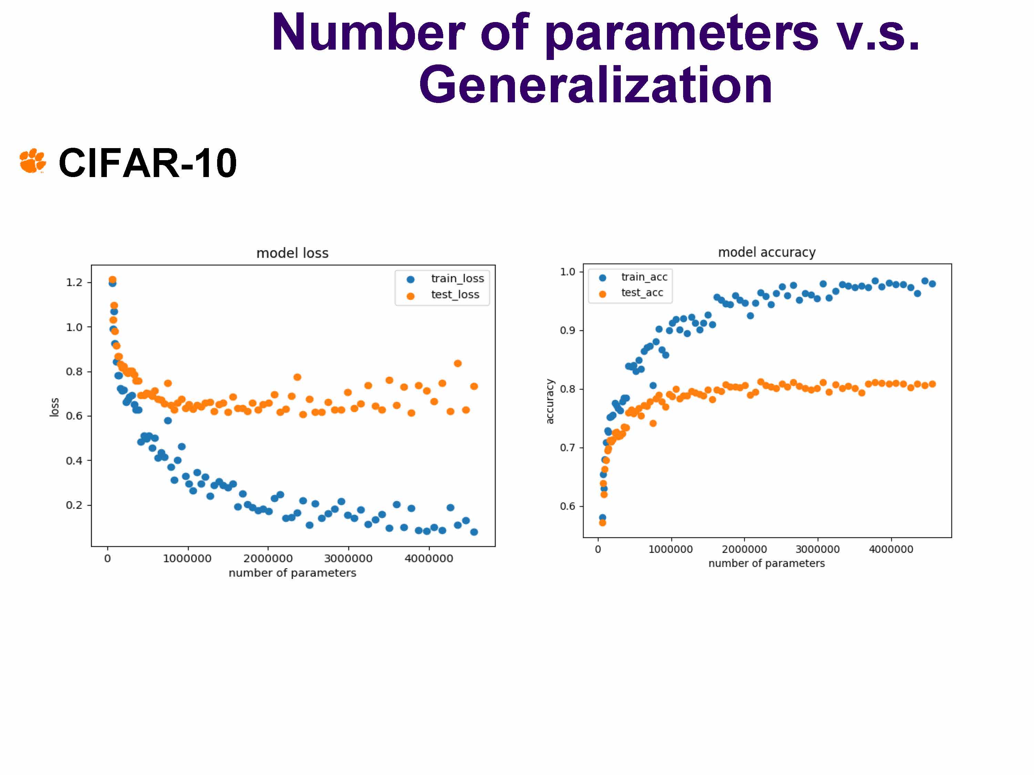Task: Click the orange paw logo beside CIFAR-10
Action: click(32, 161)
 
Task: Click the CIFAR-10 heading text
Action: click(148, 163)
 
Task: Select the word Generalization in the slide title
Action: click(595, 85)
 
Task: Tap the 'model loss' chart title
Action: click(292, 253)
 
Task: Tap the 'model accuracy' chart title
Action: click(767, 252)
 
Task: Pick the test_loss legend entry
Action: click(454, 295)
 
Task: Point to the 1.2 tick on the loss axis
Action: click(74, 283)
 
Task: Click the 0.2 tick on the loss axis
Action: click(74, 505)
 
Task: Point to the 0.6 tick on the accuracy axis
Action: click(567, 506)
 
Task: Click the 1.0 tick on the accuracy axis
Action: click(567, 272)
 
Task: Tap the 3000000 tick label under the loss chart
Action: click(348, 559)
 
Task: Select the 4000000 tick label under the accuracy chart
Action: click(891, 549)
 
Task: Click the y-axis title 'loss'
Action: click(55, 407)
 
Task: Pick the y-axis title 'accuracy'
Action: click(550, 401)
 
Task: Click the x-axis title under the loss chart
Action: click(292, 573)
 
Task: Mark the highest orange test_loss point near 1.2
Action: click(112, 280)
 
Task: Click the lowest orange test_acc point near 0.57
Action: click(602, 523)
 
